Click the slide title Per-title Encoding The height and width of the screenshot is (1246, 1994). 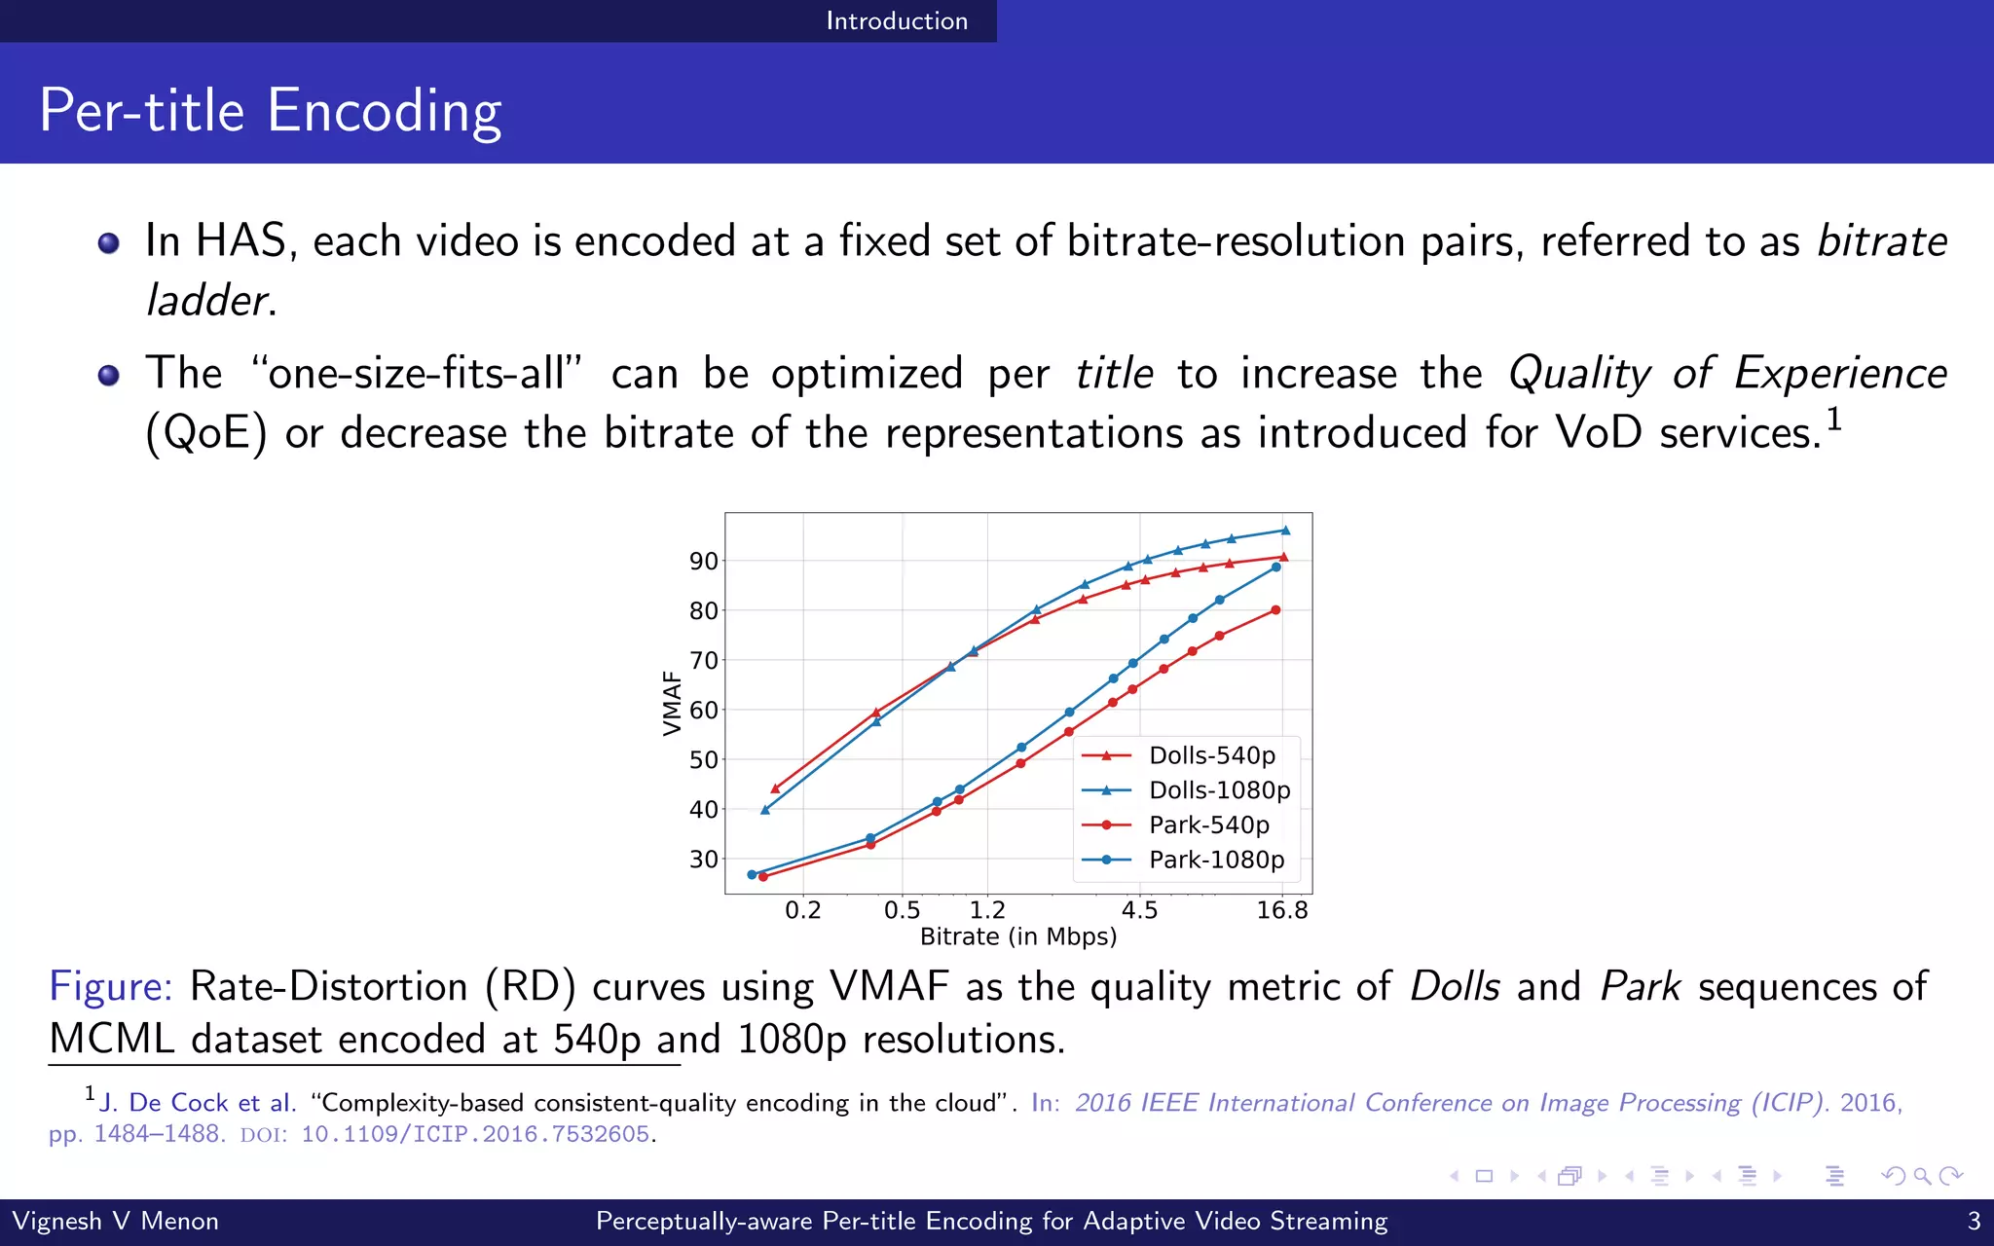pos(270,110)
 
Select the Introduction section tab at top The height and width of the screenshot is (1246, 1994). pos(896,20)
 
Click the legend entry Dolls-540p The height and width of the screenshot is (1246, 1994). pos(1211,755)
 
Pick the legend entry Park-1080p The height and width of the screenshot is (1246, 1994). pos(1216,860)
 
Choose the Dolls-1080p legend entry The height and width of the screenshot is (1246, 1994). pos(1219,790)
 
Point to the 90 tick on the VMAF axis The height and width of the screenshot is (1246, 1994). pos(703,562)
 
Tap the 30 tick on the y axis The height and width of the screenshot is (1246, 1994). pos(703,860)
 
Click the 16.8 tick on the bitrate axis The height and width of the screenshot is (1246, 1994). pos(1281,911)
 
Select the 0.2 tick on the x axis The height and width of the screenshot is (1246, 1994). pos(802,911)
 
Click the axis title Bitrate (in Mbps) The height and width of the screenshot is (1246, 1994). pos(1017,937)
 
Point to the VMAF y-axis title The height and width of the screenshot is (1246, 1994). pos(671,703)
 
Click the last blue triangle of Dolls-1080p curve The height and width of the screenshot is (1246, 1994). pos(1285,531)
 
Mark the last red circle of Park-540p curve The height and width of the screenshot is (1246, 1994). pos(1275,610)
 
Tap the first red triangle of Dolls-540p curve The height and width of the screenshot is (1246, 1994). pos(775,788)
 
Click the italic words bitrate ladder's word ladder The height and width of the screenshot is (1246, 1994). pos(205,300)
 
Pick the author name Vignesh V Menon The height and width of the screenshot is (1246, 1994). pos(115,1221)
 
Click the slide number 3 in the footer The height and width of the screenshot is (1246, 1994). pos(1974,1221)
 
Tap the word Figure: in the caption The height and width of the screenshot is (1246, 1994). pos(110,986)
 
